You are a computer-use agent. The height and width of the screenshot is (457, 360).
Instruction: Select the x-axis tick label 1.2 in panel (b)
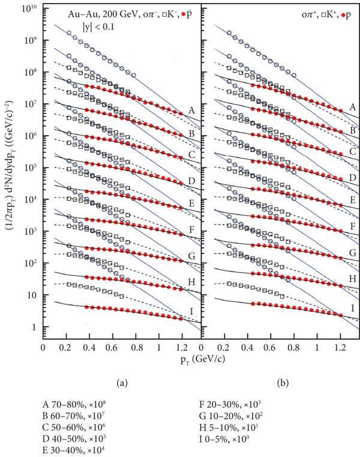340,347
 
